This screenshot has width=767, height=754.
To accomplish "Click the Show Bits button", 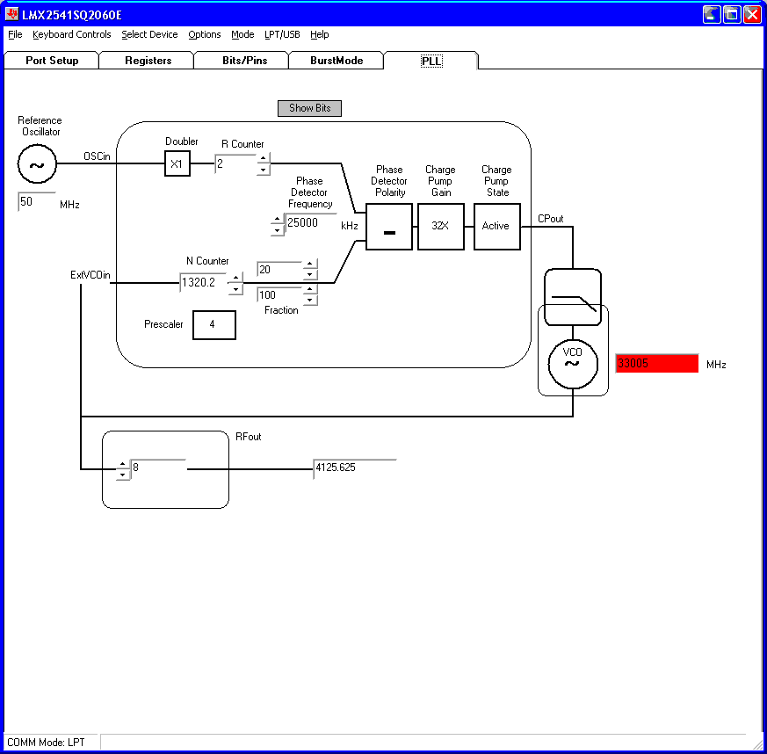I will pyautogui.click(x=309, y=108).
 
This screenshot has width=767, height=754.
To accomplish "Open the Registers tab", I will pyautogui.click(x=148, y=61).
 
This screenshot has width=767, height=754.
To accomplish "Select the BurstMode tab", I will pyautogui.click(x=336, y=61).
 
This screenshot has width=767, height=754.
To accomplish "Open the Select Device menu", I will pyautogui.click(x=149, y=34).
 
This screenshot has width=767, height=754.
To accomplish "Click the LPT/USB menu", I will pyautogui.click(x=282, y=34).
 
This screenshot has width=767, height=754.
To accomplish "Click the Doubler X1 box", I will pyautogui.click(x=177, y=163).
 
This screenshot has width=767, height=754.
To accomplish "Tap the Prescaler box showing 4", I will pyautogui.click(x=213, y=324).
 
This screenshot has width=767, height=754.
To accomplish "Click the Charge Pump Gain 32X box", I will pyautogui.click(x=440, y=226).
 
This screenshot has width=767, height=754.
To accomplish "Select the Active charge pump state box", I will pyautogui.click(x=496, y=226).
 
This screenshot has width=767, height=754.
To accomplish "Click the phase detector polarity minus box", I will pyautogui.click(x=388, y=227).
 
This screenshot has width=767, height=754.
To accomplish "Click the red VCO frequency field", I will pyautogui.click(x=656, y=363).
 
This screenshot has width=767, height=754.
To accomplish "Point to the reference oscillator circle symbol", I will pyautogui.click(x=38, y=163).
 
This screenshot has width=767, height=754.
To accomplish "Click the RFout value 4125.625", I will pyautogui.click(x=354, y=468).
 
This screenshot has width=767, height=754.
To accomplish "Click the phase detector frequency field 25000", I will pyautogui.click(x=310, y=223).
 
